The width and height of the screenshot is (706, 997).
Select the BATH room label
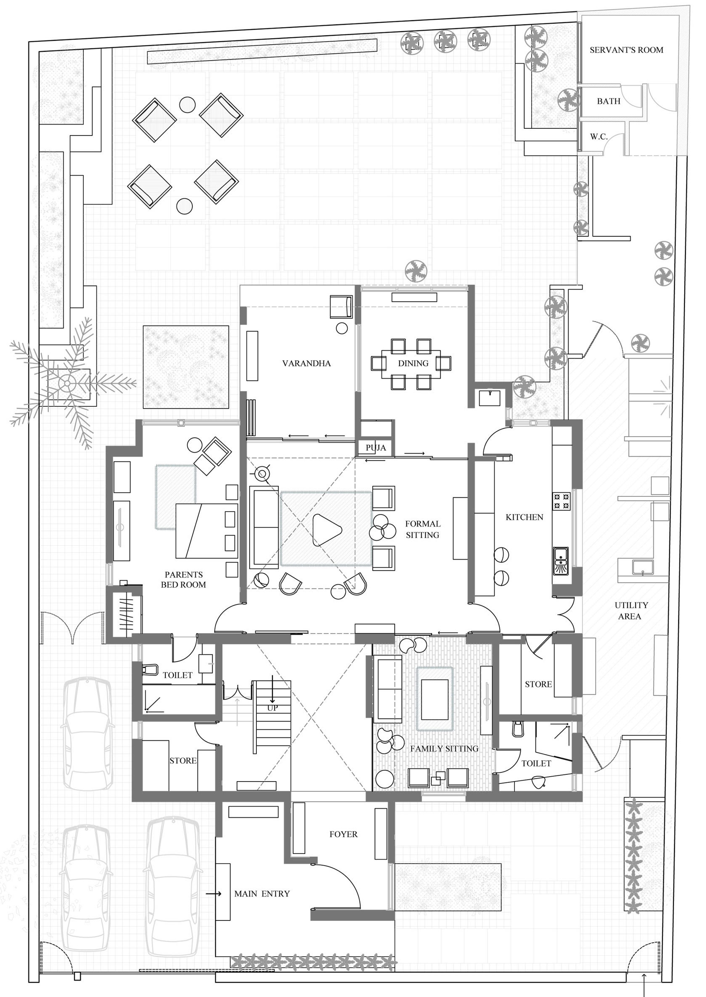608,101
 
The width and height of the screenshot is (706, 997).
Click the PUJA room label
375,448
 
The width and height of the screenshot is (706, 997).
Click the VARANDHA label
306,363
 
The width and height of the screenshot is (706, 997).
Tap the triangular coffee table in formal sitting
326,530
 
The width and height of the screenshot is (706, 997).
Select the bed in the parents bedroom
207,530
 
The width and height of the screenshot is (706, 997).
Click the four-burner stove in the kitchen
561,501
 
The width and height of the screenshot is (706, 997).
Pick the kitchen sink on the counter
561,561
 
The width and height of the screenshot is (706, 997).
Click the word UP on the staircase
272,708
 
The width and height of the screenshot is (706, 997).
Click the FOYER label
343,834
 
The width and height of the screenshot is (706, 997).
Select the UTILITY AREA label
630,610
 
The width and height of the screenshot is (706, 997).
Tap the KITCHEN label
524,517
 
